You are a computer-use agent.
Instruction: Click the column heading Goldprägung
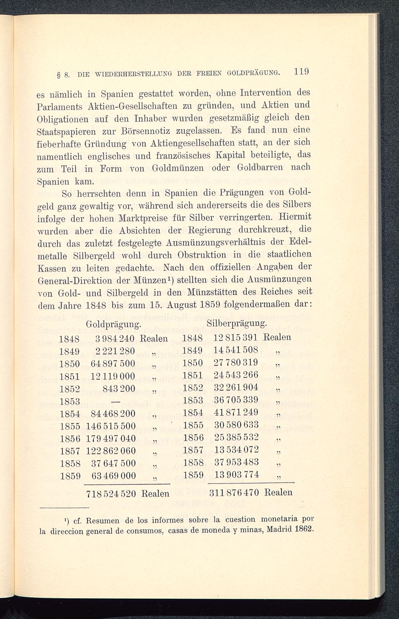point(113,324)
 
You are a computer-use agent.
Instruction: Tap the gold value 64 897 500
point(110,363)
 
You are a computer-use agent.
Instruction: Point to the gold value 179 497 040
point(111,438)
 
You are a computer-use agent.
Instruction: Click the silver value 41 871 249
point(236,412)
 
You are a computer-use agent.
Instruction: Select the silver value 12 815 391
point(236,337)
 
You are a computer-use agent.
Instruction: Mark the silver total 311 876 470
point(235,492)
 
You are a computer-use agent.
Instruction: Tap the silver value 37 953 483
point(236,462)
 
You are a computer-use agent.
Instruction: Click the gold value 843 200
point(119,388)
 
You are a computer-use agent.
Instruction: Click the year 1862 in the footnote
point(305,530)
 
